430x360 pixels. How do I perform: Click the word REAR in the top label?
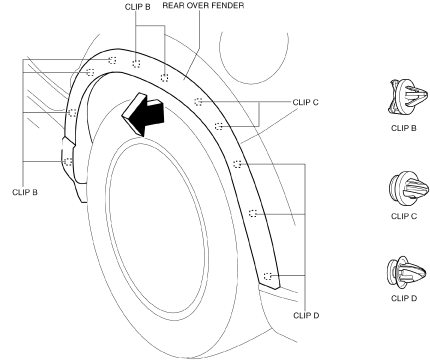pos(173,6)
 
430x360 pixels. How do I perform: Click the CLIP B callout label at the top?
pos(138,7)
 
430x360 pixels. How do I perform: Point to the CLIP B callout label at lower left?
pos(25,192)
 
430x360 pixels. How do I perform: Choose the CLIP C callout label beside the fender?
pos(306,102)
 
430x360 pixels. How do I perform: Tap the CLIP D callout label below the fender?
pos(306,315)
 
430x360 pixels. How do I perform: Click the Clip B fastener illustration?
pos(407,97)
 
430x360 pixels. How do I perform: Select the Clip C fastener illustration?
pos(407,188)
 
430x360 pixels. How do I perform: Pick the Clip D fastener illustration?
pos(407,273)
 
